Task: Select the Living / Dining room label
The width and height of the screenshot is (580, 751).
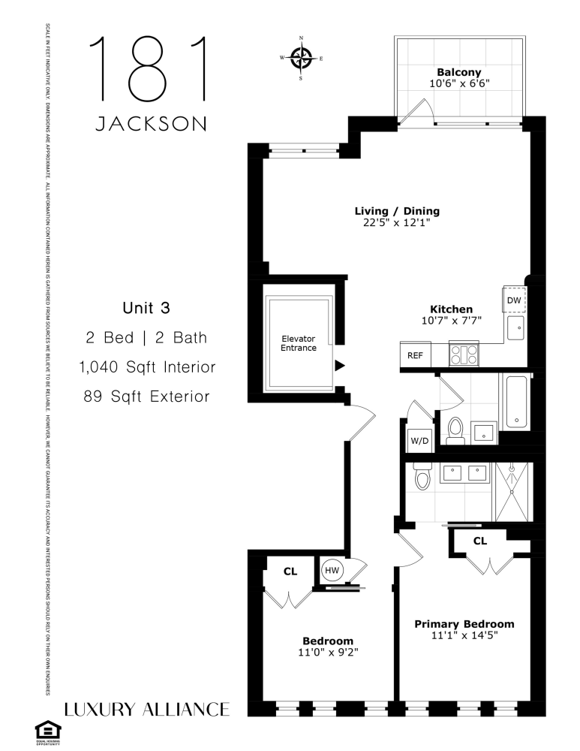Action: point(398,211)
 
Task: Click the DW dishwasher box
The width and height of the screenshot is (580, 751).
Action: point(514,300)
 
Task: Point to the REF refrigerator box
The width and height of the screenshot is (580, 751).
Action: point(415,355)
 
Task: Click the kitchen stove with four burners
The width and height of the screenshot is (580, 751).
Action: point(464,354)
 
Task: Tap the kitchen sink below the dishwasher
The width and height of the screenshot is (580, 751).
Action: point(515,327)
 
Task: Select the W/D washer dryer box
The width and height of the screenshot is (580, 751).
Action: point(419,440)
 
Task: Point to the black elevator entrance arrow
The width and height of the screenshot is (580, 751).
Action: point(340,366)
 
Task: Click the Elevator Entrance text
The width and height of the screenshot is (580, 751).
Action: point(298,343)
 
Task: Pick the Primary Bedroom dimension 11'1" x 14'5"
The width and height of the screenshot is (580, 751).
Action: point(464,635)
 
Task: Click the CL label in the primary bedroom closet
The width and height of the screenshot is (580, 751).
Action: point(480,541)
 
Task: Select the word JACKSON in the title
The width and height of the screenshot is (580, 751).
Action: point(149,123)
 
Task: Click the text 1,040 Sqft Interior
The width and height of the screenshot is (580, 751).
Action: point(147,367)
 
